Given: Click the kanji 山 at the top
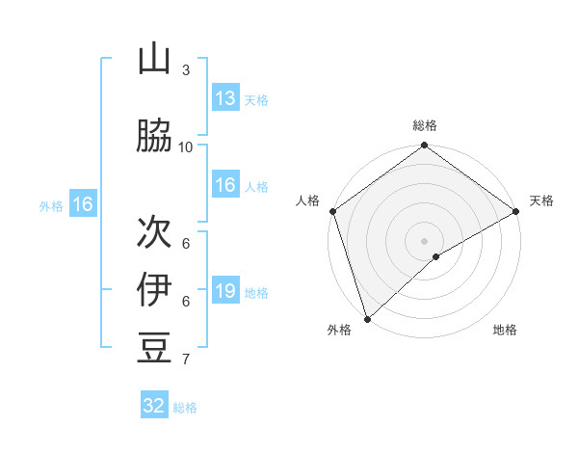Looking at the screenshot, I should (x=154, y=59).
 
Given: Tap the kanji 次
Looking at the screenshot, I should (x=154, y=231).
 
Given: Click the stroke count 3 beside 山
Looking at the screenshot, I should (x=186, y=70).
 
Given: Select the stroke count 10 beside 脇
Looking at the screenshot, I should (x=186, y=147).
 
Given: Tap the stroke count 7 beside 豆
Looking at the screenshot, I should (x=186, y=360).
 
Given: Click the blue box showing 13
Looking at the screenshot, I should (x=224, y=98).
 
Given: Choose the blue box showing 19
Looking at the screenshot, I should (x=224, y=291).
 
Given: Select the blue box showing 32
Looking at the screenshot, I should (x=154, y=406).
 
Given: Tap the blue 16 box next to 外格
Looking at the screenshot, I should (x=83, y=204).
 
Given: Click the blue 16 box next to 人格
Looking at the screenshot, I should (x=224, y=185).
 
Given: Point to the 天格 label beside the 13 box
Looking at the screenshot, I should (x=255, y=99).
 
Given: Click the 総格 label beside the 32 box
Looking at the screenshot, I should (x=185, y=408).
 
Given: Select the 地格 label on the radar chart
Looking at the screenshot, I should (x=505, y=331).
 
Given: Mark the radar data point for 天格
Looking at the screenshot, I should (x=516, y=211).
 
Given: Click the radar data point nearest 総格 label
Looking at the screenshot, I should (x=424, y=147).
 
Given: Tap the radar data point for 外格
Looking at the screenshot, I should (x=367, y=318).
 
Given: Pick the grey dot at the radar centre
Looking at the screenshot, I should (x=424, y=240).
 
